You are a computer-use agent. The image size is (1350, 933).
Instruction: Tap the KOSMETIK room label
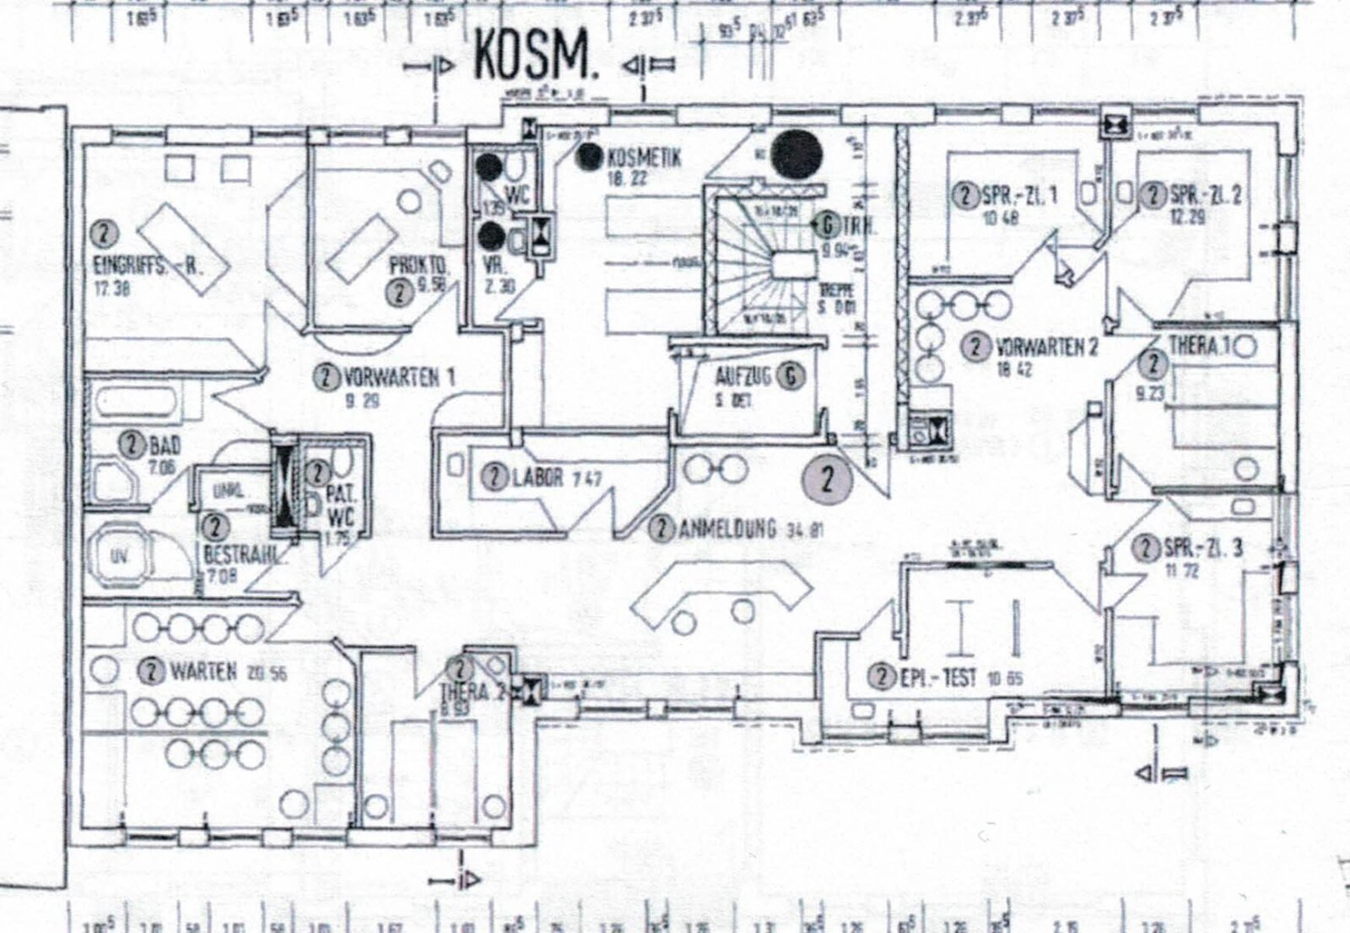pyautogui.click(x=643, y=158)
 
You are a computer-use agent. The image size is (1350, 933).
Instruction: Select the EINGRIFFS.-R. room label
pyautogui.click(x=148, y=267)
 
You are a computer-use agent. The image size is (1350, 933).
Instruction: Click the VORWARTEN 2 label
pyautogui.click(x=1046, y=347)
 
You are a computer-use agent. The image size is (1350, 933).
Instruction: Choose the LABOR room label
pyautogui.click(x=537, y=477)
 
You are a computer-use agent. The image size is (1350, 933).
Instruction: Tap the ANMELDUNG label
pyautogui.click(x=726, y=529)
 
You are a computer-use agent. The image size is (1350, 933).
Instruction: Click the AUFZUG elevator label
pyautogui.click(x=742, y=376)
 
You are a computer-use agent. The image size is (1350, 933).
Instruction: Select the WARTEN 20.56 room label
pyautogui.click(x=202, y=671)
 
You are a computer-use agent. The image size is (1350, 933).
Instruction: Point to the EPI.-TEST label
pyautogui.click(x=937, y=677)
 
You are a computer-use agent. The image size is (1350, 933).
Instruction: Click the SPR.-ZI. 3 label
pyautogui.click(x=1202, y=548)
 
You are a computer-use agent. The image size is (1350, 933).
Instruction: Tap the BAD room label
pyautogui.click(x=165, y=445)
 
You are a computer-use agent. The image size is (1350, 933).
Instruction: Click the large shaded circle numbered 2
pyautogui.click(x=827, y=479)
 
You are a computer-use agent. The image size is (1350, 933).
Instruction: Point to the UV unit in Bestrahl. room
pyautogui.click(x=119, y=557)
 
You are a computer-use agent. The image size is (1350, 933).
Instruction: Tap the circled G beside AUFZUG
pyautogui.click(x=791, y=376)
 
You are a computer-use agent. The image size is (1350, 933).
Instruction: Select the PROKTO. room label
pyautogui.click(x=418, y=267)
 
